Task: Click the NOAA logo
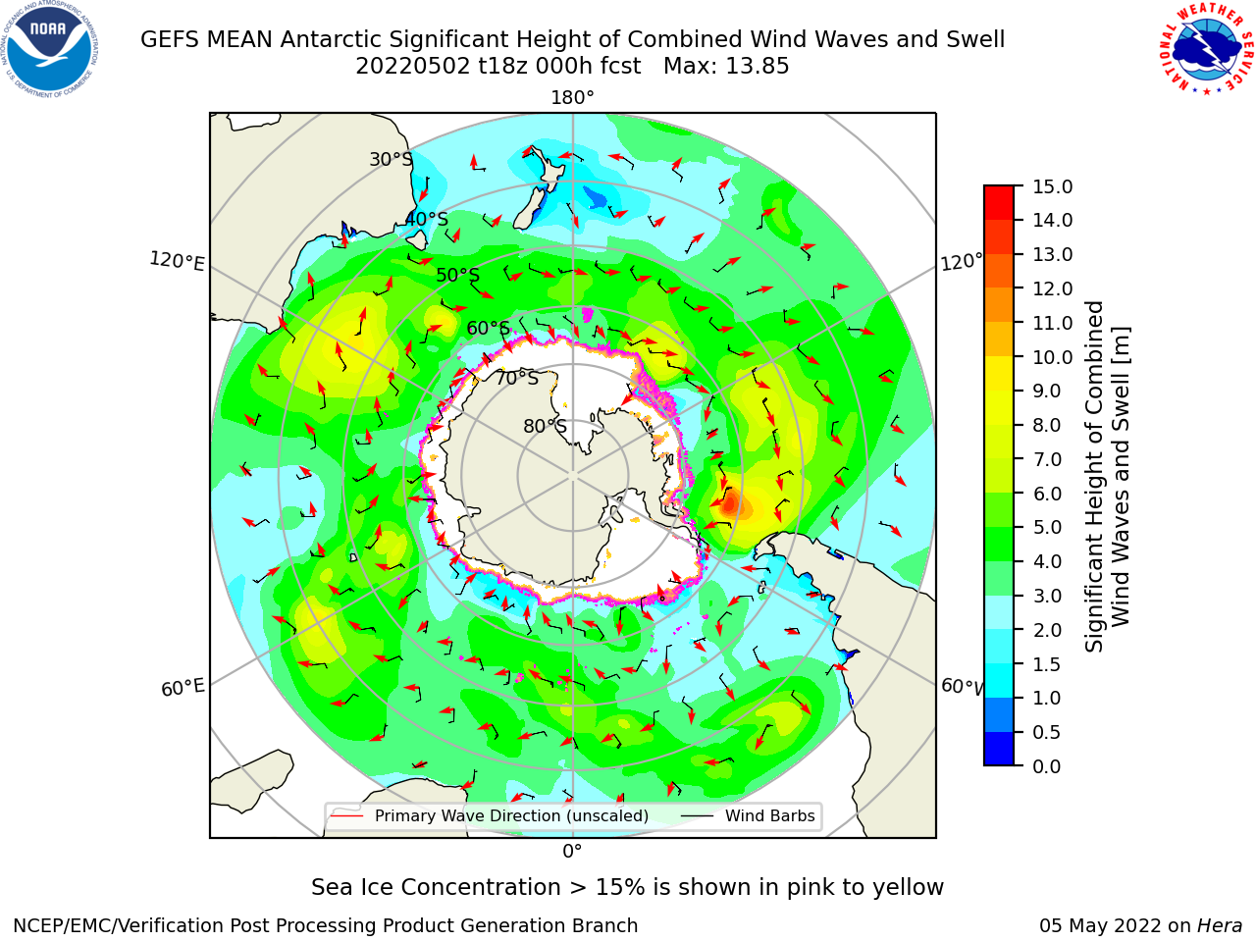point(50,49)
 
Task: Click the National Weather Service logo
point(1205,49)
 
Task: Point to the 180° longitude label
point(572,98)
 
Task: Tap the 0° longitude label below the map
point(572,852)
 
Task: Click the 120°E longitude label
point(177,261)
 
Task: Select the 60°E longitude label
point(183,688)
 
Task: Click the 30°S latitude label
point(391,159)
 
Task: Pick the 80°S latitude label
point(545,426)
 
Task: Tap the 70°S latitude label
point(517,378)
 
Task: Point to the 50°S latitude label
point(458,275)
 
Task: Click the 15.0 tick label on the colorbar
point(1052,186)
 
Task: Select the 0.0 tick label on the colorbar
point(1047,766)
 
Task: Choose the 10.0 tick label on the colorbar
point(1052,357)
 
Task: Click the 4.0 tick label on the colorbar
point(1047,561)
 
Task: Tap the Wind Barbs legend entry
point(748,815)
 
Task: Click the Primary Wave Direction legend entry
point(491,815)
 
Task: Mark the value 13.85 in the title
point(757,67)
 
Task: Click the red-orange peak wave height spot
point(730,504)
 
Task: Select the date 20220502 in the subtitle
point(413,67)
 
